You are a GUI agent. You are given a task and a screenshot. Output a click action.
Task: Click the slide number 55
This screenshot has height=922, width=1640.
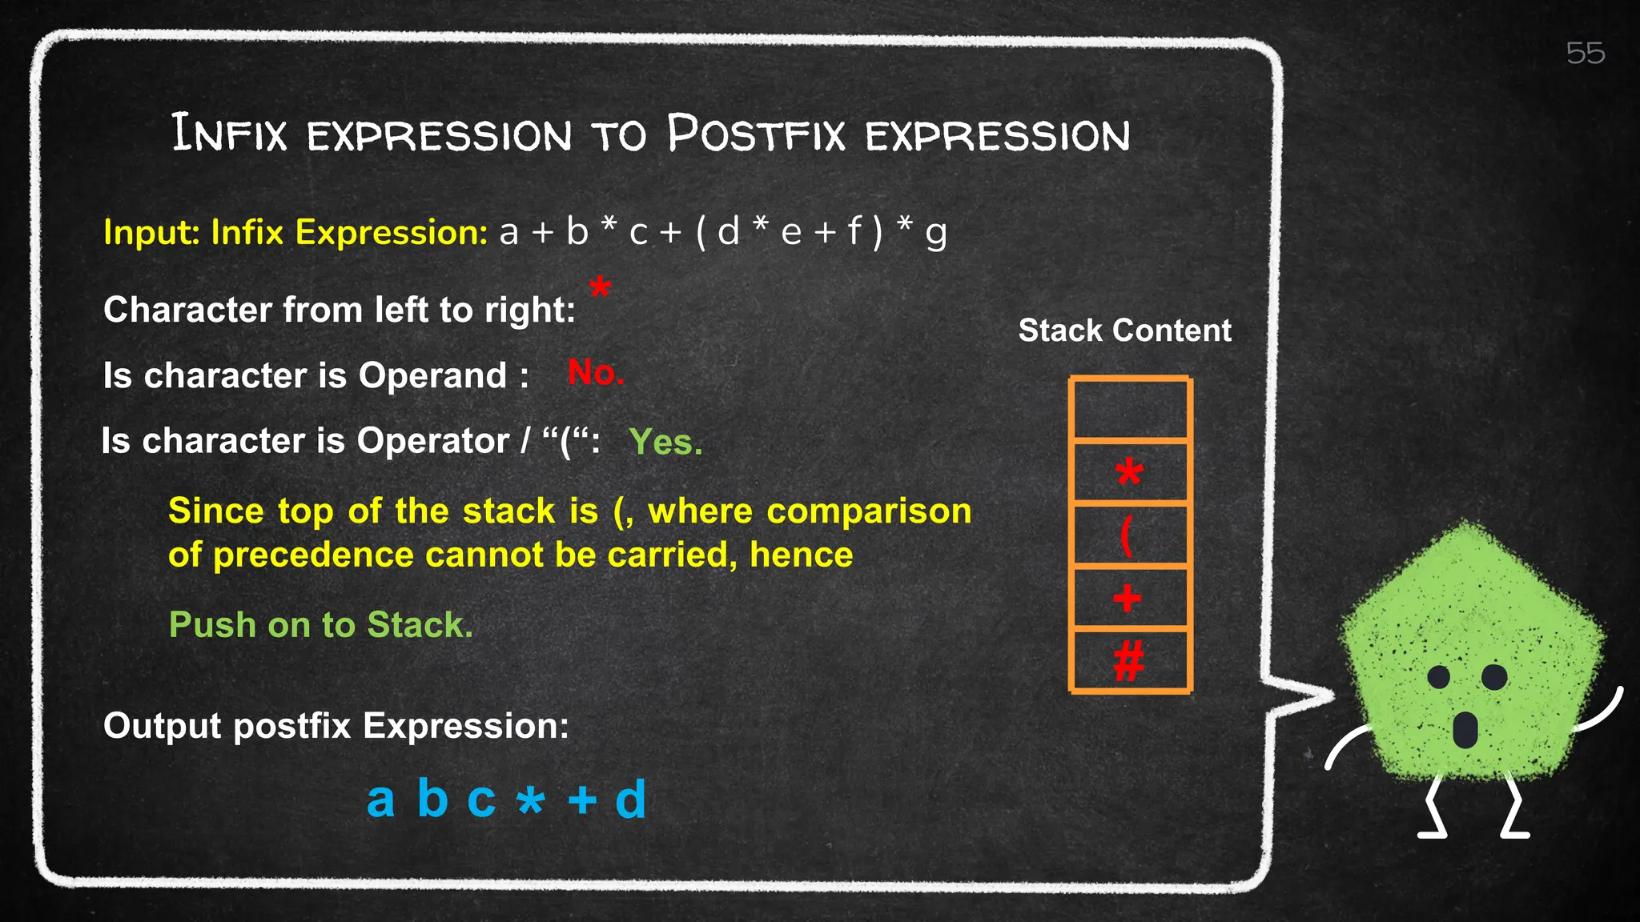1585,54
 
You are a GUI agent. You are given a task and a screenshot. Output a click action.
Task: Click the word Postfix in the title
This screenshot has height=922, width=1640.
756,134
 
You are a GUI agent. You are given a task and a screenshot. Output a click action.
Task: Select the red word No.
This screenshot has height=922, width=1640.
595,373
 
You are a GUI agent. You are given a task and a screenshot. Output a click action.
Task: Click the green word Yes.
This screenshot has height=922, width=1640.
665,442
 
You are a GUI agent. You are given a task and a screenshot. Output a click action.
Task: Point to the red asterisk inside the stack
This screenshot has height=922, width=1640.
1129,472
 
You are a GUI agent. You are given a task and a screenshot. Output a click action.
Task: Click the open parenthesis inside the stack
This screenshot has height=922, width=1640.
1127,535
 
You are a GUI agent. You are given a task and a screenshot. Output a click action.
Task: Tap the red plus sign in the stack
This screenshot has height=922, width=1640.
1127,598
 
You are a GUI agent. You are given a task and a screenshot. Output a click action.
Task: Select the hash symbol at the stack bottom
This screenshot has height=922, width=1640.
1128,662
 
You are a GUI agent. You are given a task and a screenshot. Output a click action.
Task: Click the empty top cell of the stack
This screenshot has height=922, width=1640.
1130,409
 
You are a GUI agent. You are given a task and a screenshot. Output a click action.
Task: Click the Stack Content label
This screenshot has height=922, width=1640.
1124,331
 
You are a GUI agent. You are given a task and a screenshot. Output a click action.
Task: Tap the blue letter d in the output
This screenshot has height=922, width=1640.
630,799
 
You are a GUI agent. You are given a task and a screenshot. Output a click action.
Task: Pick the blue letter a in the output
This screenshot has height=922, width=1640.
380,799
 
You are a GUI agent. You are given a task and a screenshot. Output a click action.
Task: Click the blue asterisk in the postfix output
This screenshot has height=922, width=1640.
530,800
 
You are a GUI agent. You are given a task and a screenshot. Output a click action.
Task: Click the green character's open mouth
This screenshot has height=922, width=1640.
1465,729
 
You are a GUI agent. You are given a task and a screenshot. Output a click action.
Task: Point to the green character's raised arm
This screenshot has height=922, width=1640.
1602,712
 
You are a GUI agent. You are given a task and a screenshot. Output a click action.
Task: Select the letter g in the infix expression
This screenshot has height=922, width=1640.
935,234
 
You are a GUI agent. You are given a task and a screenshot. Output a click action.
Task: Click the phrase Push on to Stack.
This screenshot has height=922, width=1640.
320,625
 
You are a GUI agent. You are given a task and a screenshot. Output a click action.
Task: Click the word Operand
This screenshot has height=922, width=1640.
432,375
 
